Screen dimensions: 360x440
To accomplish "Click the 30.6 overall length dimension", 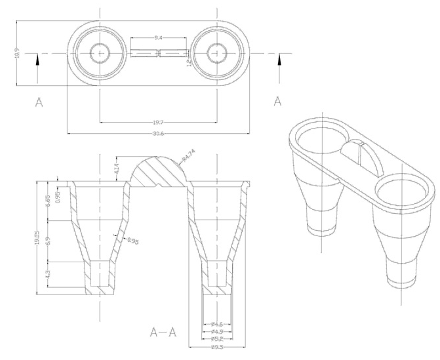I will pos(157,134).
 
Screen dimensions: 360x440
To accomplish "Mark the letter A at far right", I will pos(278,102).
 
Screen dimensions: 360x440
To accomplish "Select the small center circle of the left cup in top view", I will pos(99,51).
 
